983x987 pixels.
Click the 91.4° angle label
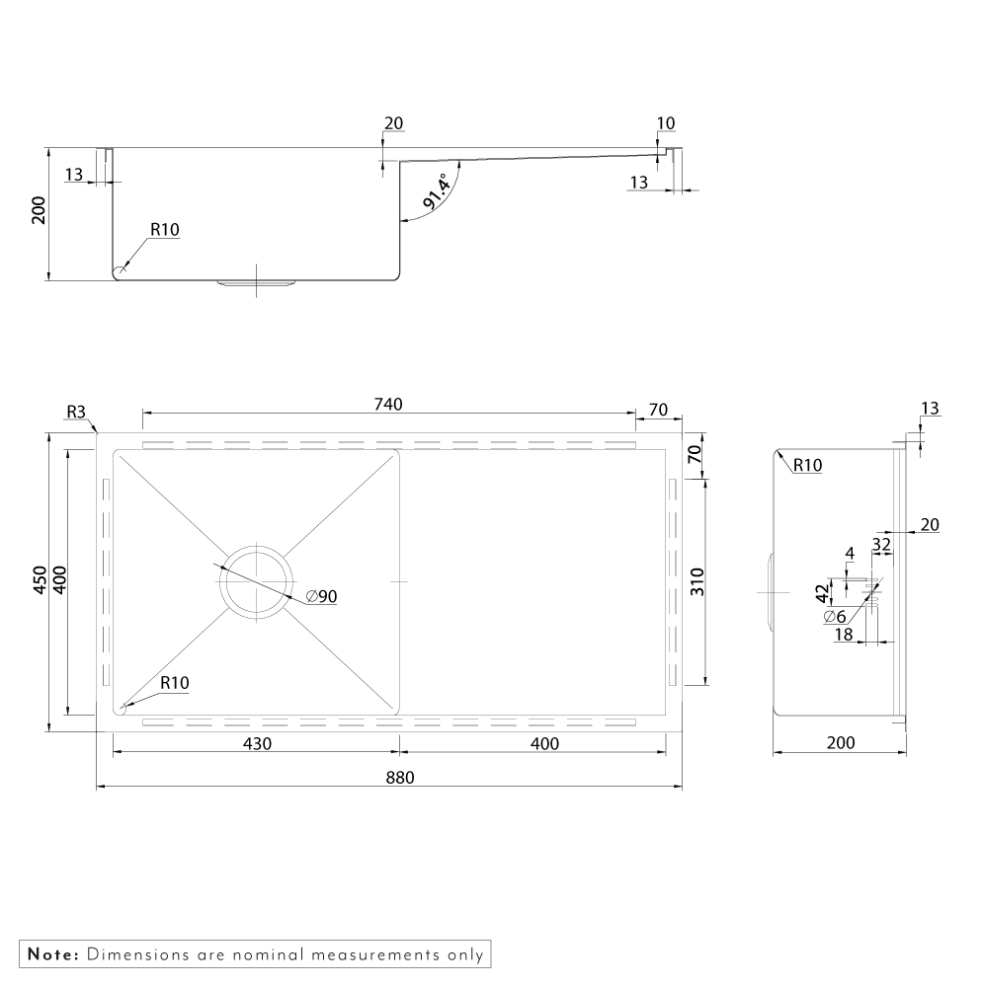pos(437,190)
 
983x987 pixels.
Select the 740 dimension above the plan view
pos(388,404)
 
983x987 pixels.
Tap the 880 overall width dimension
pos(400,778)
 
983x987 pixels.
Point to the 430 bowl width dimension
pos(257,743)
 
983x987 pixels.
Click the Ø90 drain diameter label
pos(321,596)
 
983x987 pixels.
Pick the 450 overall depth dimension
pos(40,579)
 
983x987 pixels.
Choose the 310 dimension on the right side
pos(696,581)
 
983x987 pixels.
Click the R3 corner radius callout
pos(76,412)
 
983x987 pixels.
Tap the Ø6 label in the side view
pos(834,616)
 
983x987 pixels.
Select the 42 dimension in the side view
pos(822,593)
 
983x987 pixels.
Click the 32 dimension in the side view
pos(881,543)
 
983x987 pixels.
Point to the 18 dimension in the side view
pos(843,635)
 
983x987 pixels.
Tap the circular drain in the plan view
pos(257,581)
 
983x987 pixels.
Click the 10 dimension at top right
pos(666,123)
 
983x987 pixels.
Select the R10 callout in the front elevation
pos(164,230)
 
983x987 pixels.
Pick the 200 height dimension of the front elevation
pos(40,210)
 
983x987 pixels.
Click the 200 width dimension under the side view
pos(841,743)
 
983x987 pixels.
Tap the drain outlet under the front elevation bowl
pos(257,284)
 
